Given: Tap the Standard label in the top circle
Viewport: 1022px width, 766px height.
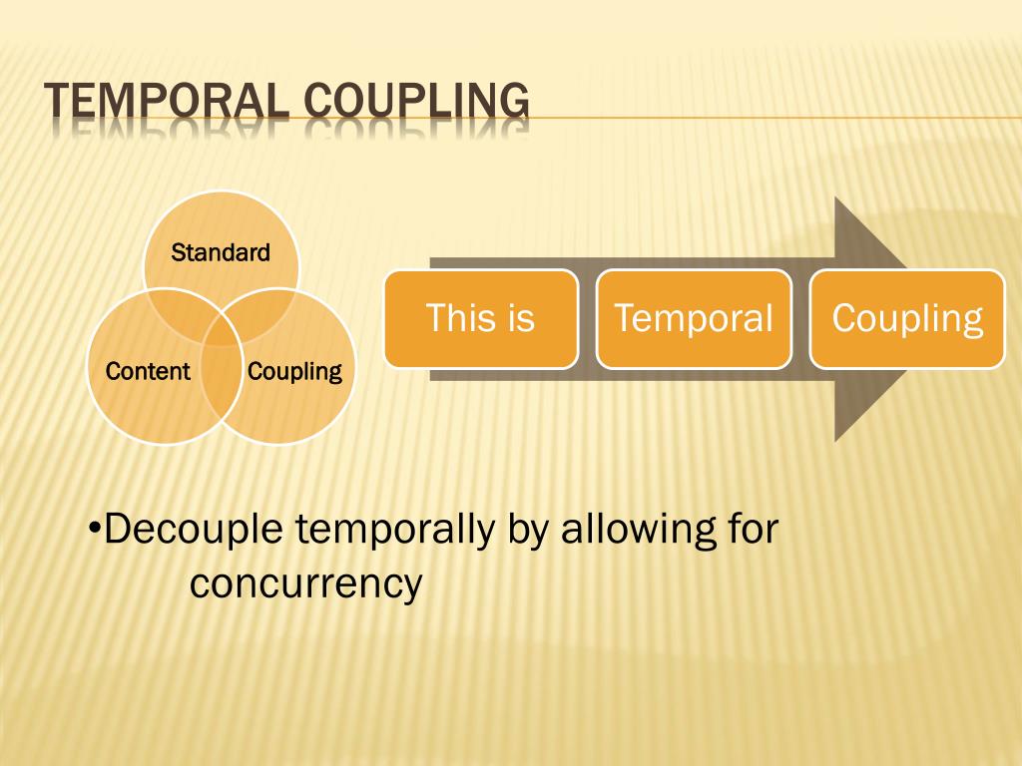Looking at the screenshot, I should click(x=221, y=252).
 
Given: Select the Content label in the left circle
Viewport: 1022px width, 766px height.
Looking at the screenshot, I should click(x=148, y=372).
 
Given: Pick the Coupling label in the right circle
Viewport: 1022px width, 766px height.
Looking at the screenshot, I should click(x=294, y=372).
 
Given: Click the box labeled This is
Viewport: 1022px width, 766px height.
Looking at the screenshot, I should click(x=480, y=318).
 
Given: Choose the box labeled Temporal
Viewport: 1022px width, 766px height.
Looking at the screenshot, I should click(x=694, y=318).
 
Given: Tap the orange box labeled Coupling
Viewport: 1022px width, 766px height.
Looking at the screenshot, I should click(x=907, y=318).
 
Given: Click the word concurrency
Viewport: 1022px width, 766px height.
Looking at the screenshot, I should click(x=306, y=583).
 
